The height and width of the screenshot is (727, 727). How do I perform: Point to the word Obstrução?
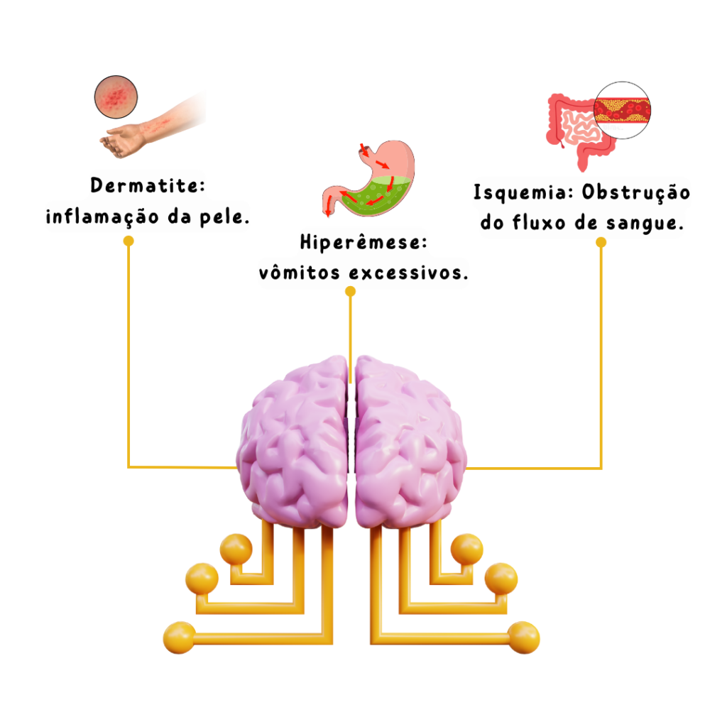pos(636,193)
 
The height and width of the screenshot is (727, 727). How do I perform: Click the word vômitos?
pos(299,272)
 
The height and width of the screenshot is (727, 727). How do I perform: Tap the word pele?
pos(224,217)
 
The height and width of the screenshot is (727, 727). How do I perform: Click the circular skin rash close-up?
pos(116,97)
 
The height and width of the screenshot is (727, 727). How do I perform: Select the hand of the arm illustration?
pos(121,141)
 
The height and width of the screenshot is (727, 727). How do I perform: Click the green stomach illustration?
pos(368,178)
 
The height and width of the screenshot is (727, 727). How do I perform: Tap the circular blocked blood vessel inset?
pos(622,110)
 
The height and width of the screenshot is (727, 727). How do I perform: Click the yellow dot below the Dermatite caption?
pos(129,241)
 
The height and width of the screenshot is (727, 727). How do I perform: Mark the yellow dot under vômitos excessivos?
pos(351,291)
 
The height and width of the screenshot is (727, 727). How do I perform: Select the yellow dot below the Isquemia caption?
pos(601,243)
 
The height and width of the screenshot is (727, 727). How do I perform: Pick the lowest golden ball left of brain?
pos(180,638)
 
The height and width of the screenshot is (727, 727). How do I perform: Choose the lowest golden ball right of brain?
pos(523,638)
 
